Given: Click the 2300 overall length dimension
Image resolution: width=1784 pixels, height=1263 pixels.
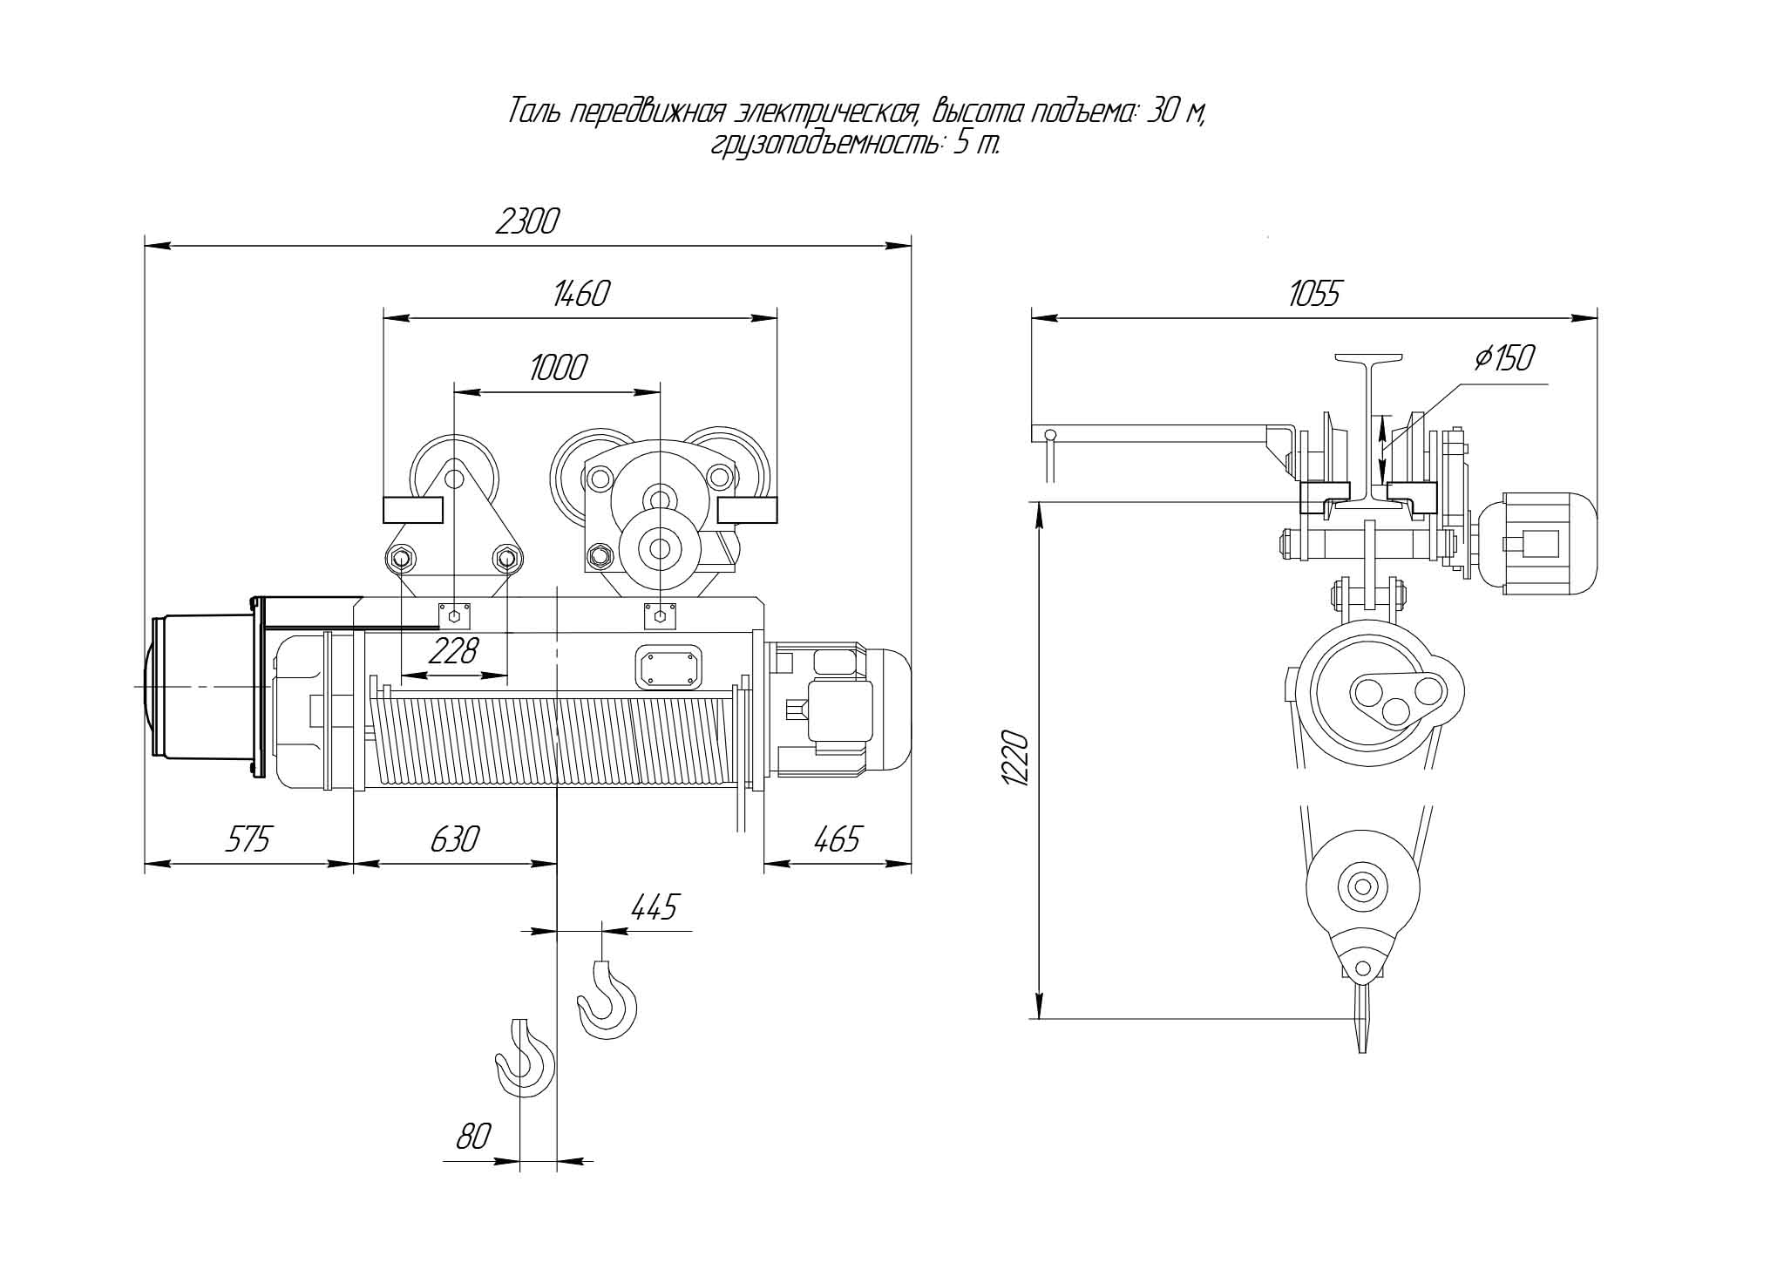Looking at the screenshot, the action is [x=526, y=223].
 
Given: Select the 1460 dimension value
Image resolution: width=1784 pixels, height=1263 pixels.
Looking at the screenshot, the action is [x=580, y=295].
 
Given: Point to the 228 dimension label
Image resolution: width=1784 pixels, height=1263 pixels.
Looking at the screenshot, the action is [x=454, y=650].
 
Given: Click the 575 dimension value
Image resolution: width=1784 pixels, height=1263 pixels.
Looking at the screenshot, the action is [x=248, y=839].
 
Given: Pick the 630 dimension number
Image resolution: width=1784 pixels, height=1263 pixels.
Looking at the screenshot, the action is [x=455, y=839].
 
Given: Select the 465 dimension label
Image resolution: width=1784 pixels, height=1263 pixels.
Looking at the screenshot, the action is [x=837, y=839].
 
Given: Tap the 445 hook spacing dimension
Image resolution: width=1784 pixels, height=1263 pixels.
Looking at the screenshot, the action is [x=654, y=907].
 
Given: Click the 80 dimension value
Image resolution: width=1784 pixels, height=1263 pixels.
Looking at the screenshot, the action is [x=474, y=1137].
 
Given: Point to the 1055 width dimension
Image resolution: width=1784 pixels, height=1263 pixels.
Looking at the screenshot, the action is [x=1314, y=295].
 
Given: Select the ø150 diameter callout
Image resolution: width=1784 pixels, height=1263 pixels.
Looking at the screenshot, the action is [x=1505, y=358].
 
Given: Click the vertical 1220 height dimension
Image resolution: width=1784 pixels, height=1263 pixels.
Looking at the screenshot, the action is [x=1017, y=759].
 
